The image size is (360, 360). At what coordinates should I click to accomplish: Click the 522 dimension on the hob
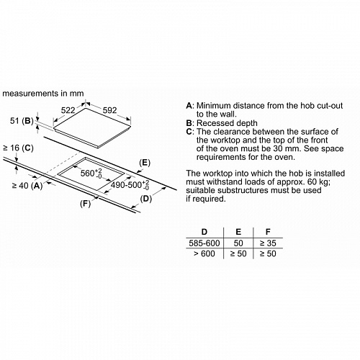pos(68,110)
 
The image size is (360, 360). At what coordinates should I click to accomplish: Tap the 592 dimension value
pos(109,110)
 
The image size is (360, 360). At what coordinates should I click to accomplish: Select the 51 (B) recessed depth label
pos(22,121)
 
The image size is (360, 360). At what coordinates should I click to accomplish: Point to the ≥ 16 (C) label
pos(18,148)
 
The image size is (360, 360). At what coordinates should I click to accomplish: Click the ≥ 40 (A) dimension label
pos(27,186)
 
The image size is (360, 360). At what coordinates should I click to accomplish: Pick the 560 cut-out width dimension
pos(91,173)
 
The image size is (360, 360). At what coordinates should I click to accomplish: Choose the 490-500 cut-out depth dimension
pos(130,185)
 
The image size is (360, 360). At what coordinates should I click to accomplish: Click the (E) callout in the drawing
pos(145,163)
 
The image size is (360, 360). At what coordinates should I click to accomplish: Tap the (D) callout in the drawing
pos(146,199)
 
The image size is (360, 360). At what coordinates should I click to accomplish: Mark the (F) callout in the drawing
pos(85,204)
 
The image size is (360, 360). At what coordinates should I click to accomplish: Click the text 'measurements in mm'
pos(43,94)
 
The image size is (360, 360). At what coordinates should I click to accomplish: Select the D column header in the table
pos(204,232)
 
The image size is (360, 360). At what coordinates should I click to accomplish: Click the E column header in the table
pos(238,232)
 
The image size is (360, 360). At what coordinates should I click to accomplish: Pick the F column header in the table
pos(268,232)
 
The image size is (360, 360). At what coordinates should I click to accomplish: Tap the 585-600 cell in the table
pos(204,243)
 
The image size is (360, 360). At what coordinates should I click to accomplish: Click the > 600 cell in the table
pos(204,253)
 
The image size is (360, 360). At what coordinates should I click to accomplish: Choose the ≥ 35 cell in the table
pos(268,243)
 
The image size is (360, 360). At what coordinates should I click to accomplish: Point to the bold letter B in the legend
pos(189,123)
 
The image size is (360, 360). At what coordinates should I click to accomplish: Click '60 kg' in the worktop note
pos(318,182)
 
